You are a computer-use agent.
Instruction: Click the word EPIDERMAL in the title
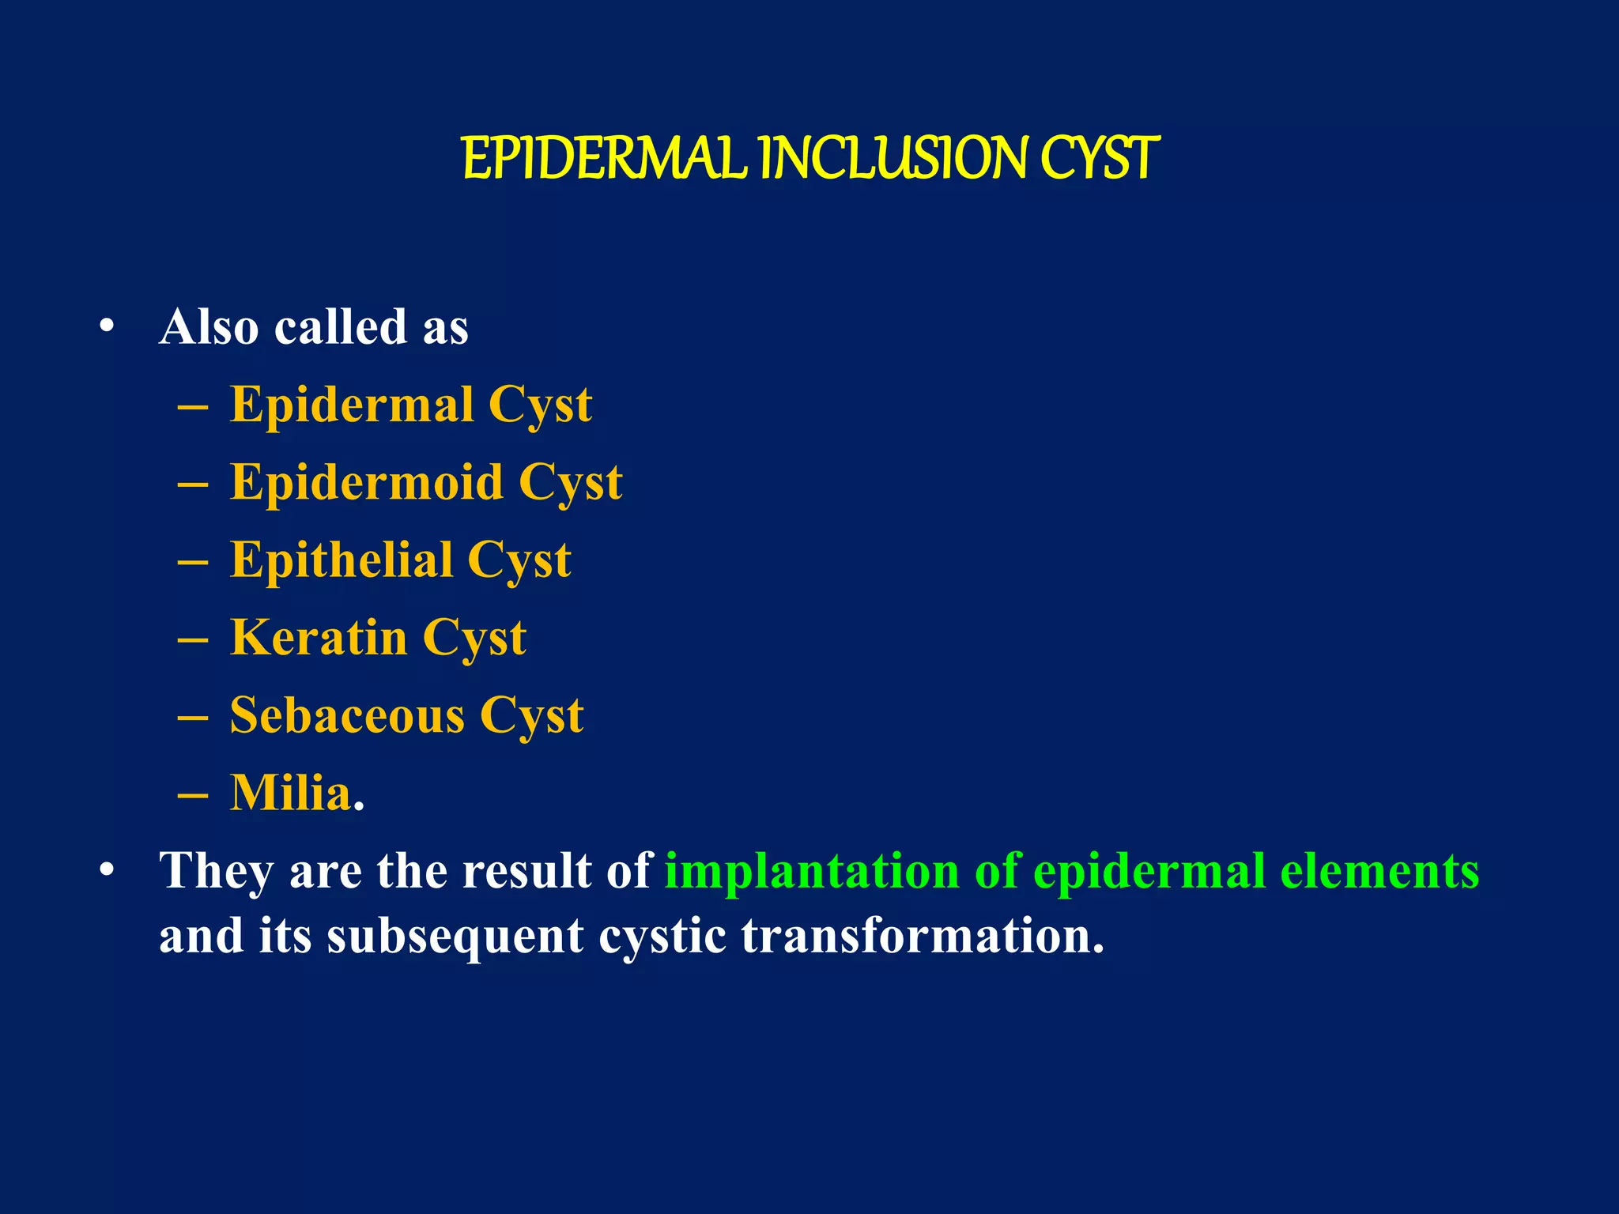click(x=604, y=159)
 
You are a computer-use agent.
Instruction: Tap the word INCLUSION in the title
click(x=893, y=159)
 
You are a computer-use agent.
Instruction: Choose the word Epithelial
click(x=341, y=560)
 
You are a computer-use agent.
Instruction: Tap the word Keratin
click(x=318, y=637)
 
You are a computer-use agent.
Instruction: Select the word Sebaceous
click(x=347, y=715)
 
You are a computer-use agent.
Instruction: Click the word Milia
click(x=291, y=793)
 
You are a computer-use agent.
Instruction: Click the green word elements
click(x=1379, y=871)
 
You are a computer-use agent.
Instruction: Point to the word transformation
click(x=923, y=936)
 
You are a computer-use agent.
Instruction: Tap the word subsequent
click(x=455, y=936)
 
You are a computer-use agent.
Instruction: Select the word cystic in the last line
click(x=662, y=936)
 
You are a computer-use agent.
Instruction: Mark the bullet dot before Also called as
click(x=107, y=326)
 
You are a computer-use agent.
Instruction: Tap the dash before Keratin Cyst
click(x=193, y=639)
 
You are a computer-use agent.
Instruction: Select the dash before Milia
click(x=193, y=794)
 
